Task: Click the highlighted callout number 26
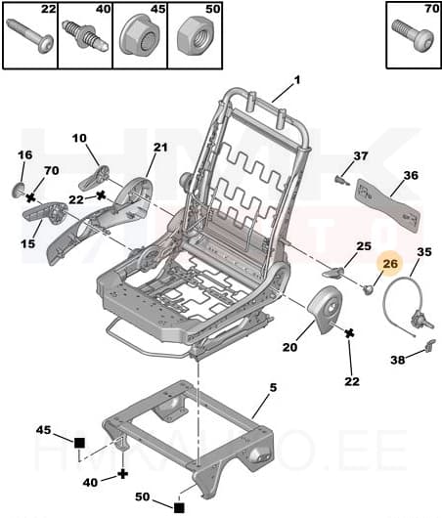pyautogui.click(x=390, y=262)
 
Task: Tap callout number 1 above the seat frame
pyautogui.click(x=297, y=82)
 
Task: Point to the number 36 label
pyautogui.click(x=411, y=176)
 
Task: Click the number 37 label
pyautogui.click(x=361, y=156)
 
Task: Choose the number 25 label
pyautogui.click(x=363, y=246)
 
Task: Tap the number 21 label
pyautogui.click(x=160, y=148)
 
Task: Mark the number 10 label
pyautogui.click(x=79, y=139)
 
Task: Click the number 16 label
pyautogui.click(x=25, y=155)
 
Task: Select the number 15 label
pyautogui.click(x=25, y=243)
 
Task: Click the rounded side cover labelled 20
pyautogui.click(x=324, y=311)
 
